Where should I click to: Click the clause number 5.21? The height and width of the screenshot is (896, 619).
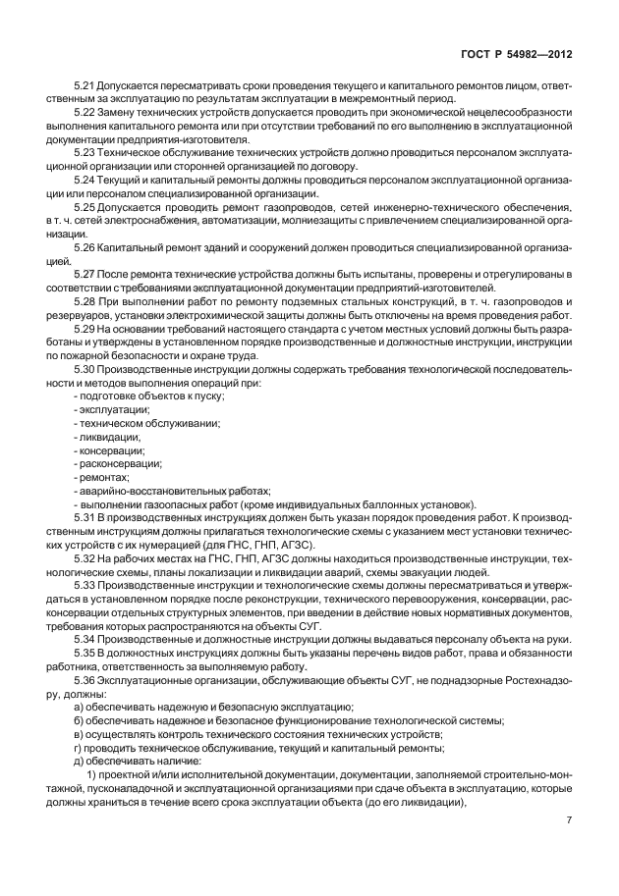[x=85, y=88]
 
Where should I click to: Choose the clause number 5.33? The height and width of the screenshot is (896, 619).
[x=85, y=582]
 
